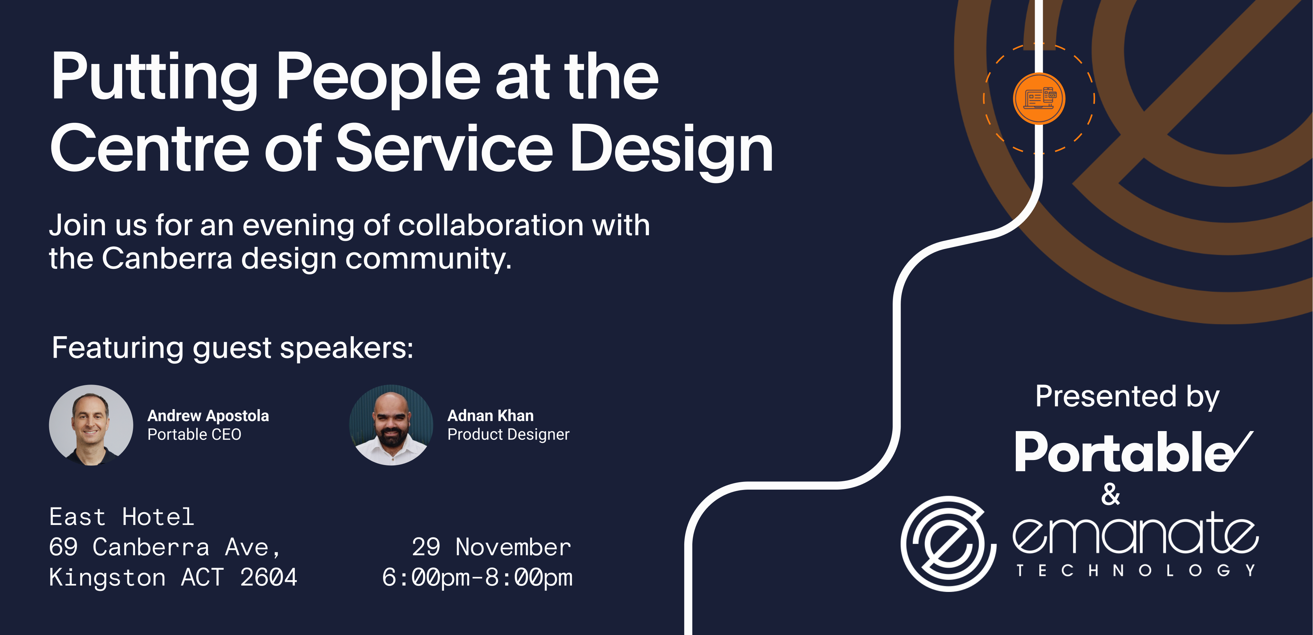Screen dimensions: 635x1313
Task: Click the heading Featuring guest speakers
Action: [233, 348]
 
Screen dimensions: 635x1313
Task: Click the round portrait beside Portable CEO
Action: [91, 425]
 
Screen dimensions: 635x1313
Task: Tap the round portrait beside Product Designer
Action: [391, 425]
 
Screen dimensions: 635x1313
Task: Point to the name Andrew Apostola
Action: [208, 416]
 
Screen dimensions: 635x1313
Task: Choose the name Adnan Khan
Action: [490, 416]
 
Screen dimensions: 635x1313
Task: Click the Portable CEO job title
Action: [194, 435]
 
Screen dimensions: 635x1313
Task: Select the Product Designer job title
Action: [508, 435]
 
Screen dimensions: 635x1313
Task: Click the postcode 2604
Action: [269, 577]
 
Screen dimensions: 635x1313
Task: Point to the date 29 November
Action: [491, 547]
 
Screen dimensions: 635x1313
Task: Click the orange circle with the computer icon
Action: [1039, 98]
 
